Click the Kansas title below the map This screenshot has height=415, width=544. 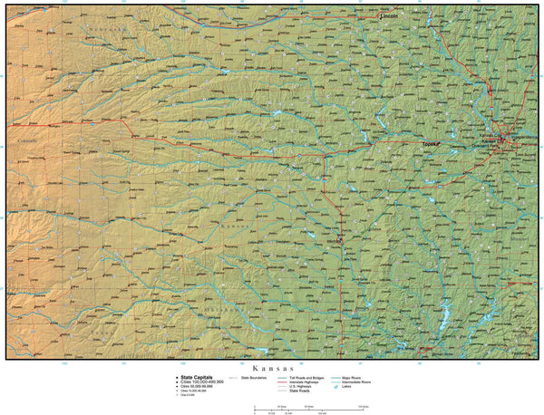tap(272, 369)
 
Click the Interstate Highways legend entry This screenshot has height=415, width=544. tap(305, 381)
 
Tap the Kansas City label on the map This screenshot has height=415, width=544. tap(494, 141)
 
